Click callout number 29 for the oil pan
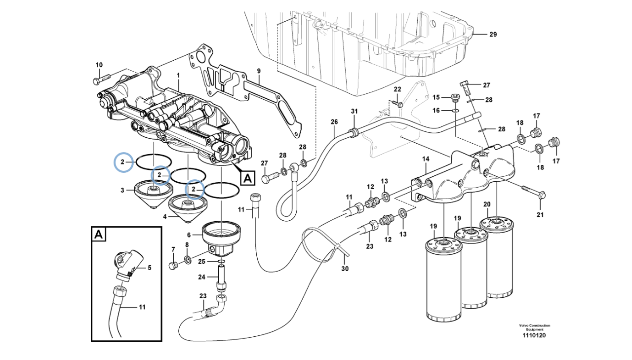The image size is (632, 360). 493,35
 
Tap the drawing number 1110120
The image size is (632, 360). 534,336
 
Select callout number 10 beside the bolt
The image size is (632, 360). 99,65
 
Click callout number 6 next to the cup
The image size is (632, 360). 188,235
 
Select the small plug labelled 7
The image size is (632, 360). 173,266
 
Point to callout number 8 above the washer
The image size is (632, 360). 187,245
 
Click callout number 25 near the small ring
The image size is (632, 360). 202,261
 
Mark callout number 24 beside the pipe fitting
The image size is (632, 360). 201,277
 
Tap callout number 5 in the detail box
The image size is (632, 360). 149,268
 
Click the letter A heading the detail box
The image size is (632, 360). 99,235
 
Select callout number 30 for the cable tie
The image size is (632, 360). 345,269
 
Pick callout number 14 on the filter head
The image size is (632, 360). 426,160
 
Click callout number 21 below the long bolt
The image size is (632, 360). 540,214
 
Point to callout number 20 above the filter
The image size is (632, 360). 487,204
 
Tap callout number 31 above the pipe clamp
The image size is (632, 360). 354,111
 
